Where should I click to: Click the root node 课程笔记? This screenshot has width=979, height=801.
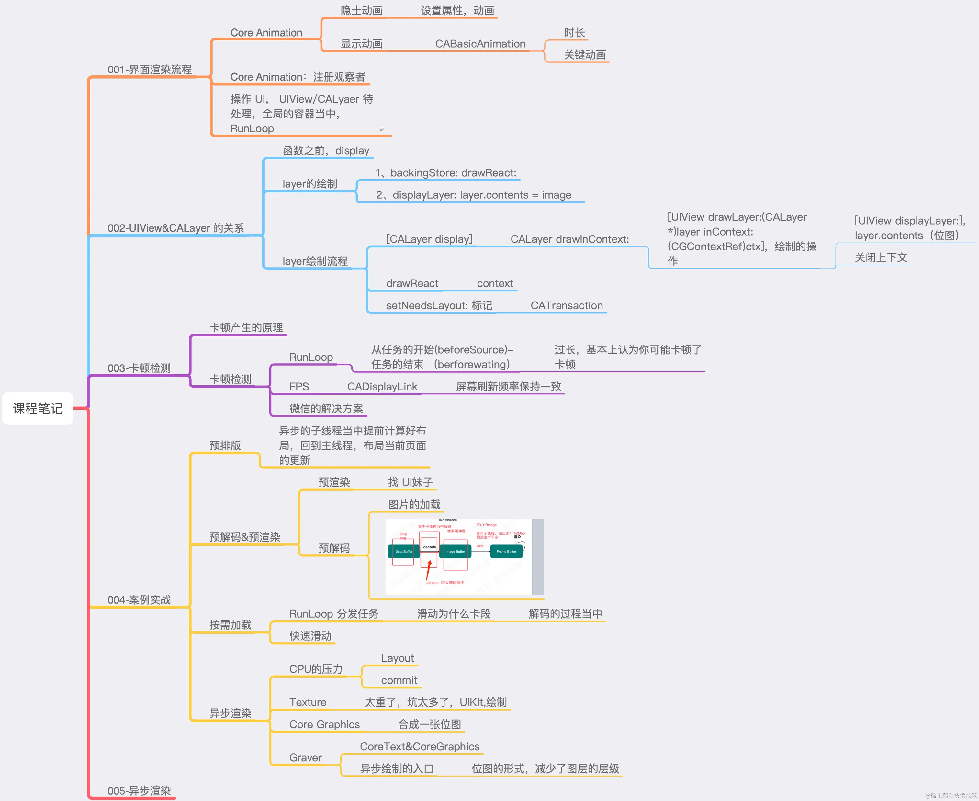38,408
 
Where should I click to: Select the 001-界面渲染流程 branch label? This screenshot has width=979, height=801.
149,70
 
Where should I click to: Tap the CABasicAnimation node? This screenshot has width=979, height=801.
480,44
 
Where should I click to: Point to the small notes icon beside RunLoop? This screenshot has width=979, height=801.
382,129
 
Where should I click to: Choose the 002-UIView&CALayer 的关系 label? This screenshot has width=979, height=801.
175,228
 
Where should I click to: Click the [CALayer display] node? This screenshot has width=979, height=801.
429,239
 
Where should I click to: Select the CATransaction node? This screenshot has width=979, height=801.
566,305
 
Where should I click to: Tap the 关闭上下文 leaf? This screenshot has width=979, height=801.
881,258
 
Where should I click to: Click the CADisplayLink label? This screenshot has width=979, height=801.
382,387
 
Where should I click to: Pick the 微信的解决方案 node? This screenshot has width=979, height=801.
326,409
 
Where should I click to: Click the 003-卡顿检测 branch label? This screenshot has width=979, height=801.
139,368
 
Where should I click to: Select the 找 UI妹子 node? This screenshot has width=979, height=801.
410,483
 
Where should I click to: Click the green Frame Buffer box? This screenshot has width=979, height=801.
506,551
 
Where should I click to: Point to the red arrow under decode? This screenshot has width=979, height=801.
429,570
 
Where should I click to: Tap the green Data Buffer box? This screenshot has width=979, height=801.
404,551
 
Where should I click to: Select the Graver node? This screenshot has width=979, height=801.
305,758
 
